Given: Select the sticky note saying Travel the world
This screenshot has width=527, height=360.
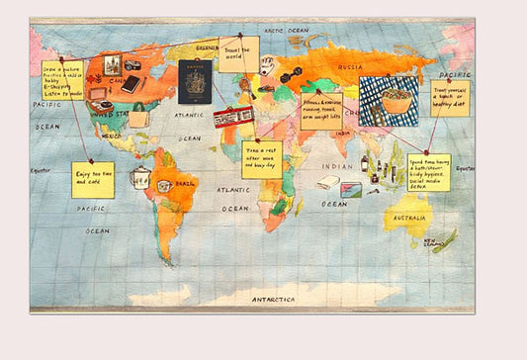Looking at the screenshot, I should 239,53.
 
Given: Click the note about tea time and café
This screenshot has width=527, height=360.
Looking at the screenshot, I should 93,179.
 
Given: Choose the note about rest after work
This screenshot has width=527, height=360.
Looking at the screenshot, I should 261,158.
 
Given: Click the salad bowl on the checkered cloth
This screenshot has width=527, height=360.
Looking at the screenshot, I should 388,100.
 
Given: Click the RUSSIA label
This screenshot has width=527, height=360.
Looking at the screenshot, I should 350,67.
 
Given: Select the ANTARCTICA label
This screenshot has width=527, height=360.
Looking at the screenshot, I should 274,298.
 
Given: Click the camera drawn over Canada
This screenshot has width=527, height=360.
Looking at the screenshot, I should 133,65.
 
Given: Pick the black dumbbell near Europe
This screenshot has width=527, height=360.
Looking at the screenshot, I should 289,76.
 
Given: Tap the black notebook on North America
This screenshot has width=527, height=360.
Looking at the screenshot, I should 130,84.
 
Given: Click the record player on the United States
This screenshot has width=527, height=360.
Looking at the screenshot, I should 100,103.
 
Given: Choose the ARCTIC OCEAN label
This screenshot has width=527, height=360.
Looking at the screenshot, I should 285,32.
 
